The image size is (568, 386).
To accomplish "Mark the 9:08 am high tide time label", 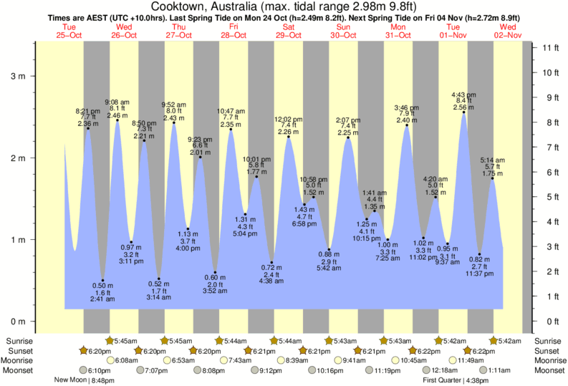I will coord(117,102).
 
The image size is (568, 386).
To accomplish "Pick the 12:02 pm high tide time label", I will coord(289,119).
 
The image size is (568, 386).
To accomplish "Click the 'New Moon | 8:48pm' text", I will coord(85,380).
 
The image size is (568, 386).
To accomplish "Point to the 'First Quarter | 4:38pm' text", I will coord(455,380).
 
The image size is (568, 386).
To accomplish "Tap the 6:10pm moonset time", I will coord(99,370).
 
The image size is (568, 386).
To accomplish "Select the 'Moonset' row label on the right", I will coord(549,370).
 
